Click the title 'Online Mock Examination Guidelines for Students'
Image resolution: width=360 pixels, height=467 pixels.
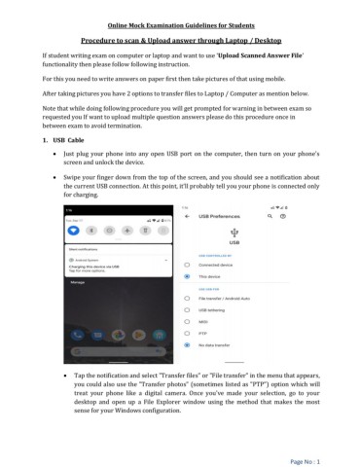[179, 22]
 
